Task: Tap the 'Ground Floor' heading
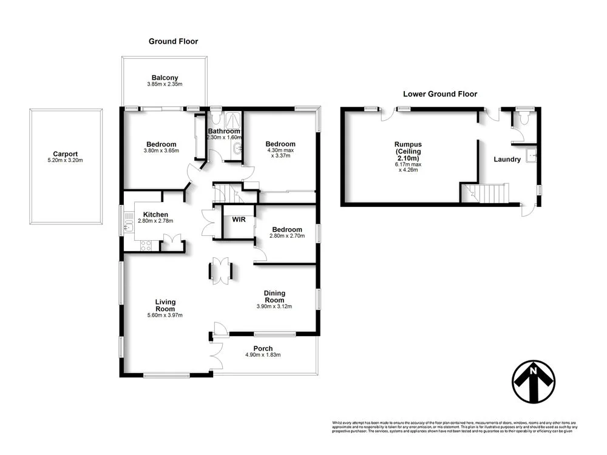pyautogui.click(x=173, y=41)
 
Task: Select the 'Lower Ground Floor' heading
pyautogui.click(x=440, y=94)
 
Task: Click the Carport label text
pyautogui.click(x=65, y=154)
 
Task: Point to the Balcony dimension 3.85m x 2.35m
pyautogui.click(x=165, y=84)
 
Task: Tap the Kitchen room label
pyautogui.click(x=155, y=214)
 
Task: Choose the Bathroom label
pyautogui.click(x=225, y=131)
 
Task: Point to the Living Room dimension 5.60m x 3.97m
pyautogui.click(x=165, y=315)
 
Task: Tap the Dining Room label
pyautogui.click(x=274, y=297)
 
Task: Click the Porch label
pyautogui.click(x=262, y=348)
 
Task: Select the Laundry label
pyautogui.click(x=507, y=160)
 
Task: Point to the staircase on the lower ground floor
pyautogui.click(x=490, y=194)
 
